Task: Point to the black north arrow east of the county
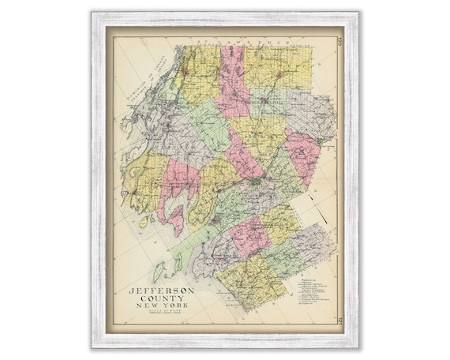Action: (321, 213)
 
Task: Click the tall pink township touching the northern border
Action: (233, 79)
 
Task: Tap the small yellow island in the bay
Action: (143, 223)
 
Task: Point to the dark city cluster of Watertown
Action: (257, 183)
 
